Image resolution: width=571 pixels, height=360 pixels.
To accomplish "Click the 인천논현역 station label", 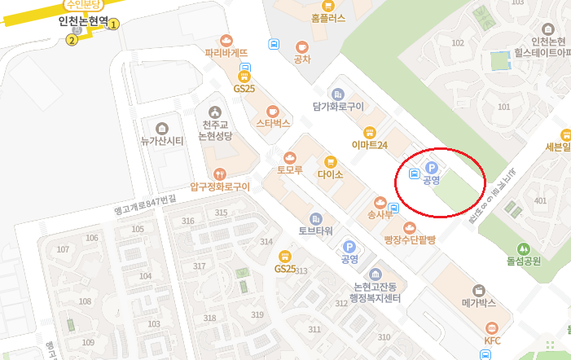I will (x=84, y=22).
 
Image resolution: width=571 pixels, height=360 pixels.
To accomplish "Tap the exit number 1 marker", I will (x=114, y=24).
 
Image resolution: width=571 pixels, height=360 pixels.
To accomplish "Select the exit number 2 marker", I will (x=72, y=39).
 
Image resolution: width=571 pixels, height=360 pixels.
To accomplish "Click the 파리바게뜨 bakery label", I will (x=226, y=54).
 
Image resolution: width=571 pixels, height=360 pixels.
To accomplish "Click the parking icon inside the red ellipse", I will (x=432, y=168).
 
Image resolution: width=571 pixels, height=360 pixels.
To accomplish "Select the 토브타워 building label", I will (x=316, y=230).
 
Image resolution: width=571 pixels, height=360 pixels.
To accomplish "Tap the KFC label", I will (x=492, y=340).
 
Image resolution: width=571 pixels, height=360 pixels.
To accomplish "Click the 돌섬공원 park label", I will (x=524, y=261).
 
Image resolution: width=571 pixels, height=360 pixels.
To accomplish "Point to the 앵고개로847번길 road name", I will (x=146, y=204).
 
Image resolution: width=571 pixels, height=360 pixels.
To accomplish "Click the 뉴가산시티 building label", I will (x=162, y=141).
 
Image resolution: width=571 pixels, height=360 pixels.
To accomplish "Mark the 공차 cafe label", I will (x=302, y=59).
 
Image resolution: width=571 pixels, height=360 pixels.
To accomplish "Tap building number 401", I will (x=539, y=200).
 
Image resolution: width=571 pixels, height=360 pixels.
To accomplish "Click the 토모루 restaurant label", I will (x=289, y=171).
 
